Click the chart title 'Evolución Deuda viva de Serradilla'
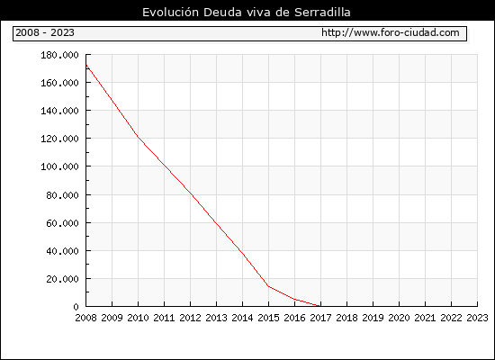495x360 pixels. (x=247, y=13)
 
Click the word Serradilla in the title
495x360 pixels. (x=322, y=13)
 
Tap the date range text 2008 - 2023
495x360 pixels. (x=45, y=32)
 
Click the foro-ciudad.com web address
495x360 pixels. (x=391, y=32)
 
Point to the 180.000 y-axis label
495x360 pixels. (x=59, y=55)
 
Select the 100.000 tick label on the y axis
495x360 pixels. (x=59, y=166)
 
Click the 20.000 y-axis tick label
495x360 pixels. (x=62, y=279)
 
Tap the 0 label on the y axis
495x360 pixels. (x=76, y=307)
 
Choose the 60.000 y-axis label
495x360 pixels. (x=62, y=223)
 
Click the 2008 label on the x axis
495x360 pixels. (x=85, y=318)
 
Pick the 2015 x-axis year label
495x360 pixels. (x=269, y=318)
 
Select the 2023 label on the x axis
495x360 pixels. (x=477, y=318)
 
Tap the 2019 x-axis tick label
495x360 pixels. (x=373, y=318)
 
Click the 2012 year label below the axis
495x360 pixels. (x=191, y=318)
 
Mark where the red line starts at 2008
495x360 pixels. (x=86, y=66)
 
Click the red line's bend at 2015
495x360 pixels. (x=269, y=286)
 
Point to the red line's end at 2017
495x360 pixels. (x=320, y=306)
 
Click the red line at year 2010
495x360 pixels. (x=138, y=137)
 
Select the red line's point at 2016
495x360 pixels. (x=294, y=299)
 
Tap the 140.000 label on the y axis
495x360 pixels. (x=59, y=111)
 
